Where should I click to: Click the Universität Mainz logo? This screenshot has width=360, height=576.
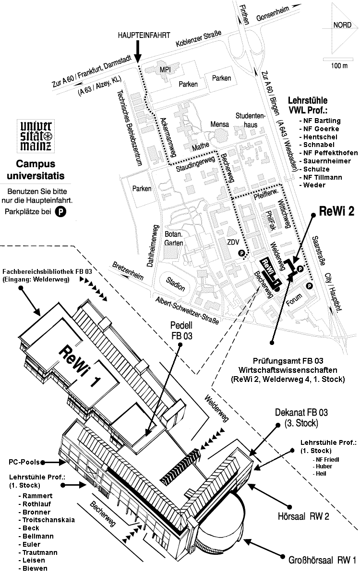36,135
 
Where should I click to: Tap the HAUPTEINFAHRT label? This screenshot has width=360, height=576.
144,36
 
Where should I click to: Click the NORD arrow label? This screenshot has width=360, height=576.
342,25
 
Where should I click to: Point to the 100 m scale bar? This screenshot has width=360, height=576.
337,59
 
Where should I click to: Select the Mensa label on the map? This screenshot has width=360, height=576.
219,124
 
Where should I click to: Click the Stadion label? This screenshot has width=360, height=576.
175,283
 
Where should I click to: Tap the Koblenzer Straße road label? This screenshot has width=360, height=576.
199,38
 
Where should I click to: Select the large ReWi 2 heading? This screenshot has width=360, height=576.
336,211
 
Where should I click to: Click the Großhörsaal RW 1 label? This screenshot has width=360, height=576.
322,560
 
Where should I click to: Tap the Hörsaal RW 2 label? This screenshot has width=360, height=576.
303,516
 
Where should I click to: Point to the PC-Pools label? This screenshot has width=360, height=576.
24,462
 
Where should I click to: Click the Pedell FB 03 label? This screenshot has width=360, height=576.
181,331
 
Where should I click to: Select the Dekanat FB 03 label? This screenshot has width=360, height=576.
301,417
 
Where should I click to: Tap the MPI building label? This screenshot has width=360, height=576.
165,70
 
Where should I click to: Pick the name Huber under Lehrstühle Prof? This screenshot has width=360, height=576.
324,466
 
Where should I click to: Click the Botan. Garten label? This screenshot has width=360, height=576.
174,238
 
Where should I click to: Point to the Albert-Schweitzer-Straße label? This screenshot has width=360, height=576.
187,310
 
